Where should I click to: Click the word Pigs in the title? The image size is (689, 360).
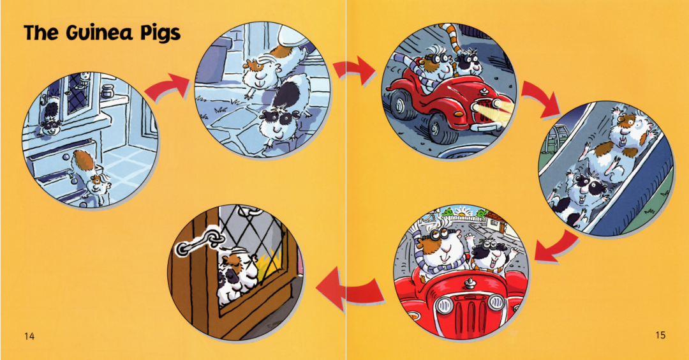[160, 33]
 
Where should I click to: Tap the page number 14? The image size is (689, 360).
[29, 336]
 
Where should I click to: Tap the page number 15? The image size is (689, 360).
[660, 335]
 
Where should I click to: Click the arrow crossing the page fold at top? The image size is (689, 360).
[353, 69]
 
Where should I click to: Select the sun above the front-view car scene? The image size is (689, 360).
[463, 214]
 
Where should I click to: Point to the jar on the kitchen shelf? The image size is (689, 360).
[107, 92]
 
